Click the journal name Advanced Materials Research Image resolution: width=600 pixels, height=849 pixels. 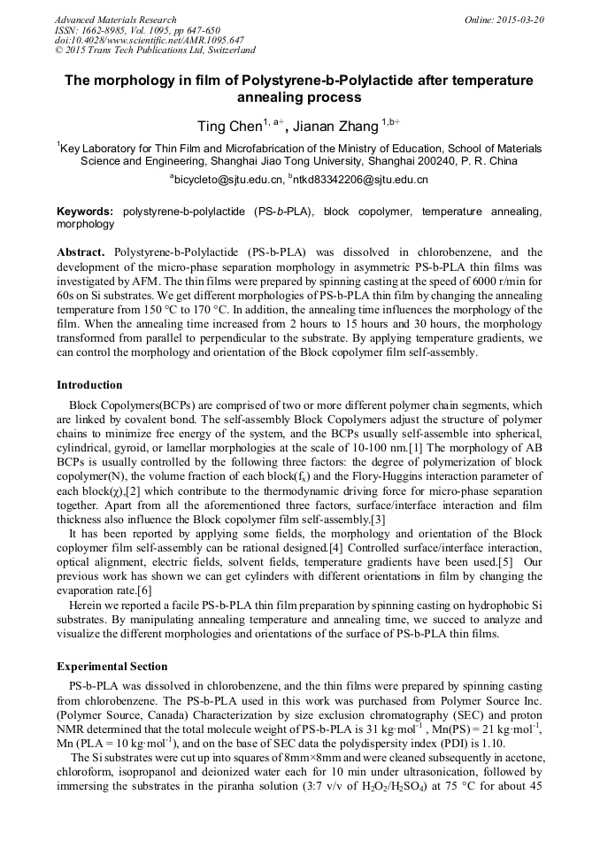[115, 19]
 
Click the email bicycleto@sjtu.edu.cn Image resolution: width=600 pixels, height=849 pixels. [230, 180]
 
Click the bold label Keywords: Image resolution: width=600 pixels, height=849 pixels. [85, 212]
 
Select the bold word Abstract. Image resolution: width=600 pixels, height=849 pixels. [81, 252]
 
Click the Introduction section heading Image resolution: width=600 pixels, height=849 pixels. [89, 385]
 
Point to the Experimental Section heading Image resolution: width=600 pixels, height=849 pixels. [112, 666]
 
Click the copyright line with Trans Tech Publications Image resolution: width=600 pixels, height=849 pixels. [155, 51]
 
